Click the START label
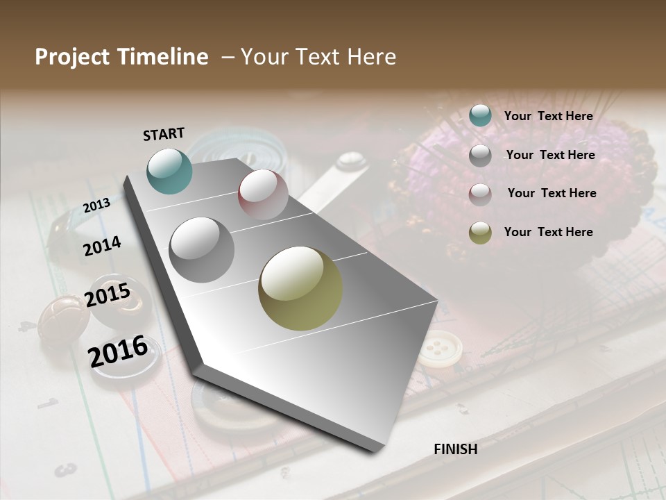164,134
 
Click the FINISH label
455,449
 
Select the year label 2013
96,206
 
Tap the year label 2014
102,247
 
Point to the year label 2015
108,295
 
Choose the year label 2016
118,351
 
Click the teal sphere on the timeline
169,171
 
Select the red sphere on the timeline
263,194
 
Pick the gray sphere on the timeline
201,249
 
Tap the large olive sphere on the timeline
300,288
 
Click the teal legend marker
480,116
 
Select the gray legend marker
480,156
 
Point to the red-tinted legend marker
480,194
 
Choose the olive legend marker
480,233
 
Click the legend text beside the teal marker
548,117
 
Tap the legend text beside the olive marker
548,232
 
